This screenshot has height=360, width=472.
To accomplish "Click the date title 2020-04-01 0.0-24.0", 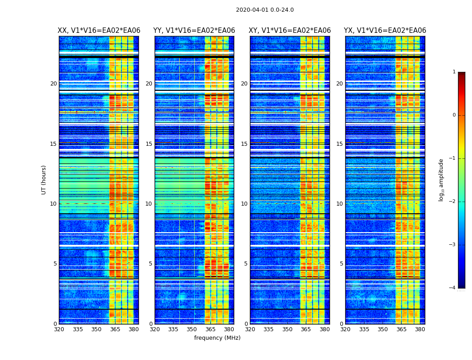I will pos(265,10).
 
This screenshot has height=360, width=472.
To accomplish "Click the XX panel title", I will pos(99,31).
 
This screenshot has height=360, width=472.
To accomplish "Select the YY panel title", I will pos(194,31).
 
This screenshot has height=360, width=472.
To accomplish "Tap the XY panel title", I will pos(290,31).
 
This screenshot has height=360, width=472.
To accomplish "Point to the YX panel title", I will pos(385,31).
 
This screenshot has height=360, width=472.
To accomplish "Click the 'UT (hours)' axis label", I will pos(44,180).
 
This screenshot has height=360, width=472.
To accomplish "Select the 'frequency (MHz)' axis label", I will pos(217,338).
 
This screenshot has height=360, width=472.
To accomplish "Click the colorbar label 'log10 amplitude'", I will pos(441,180).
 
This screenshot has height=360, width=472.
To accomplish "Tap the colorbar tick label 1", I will pos(454,72).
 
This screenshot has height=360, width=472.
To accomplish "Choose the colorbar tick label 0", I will pos(454,115).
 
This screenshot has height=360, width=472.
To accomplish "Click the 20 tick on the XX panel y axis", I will pos(53,84).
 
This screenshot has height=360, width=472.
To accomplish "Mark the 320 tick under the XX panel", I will pos(59,329).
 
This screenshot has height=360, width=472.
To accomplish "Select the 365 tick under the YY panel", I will pos(210,329).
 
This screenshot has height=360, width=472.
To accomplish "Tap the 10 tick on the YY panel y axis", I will pos(149,204).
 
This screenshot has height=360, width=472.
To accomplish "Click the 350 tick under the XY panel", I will pos(287,329).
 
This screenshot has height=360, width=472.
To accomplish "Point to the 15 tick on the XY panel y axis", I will pos(244,144).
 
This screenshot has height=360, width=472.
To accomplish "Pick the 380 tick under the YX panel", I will pos(420,329).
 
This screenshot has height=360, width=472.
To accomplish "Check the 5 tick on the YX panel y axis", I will pos(342,264).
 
